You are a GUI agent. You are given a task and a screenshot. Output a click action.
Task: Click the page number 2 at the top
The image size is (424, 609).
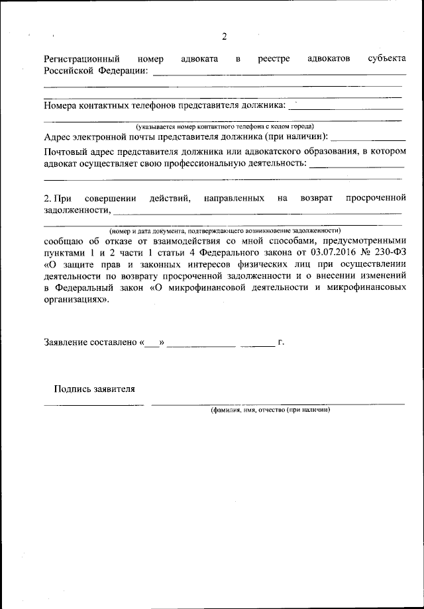(224, 36)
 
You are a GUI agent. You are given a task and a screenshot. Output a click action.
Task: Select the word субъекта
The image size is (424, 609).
(386, 59)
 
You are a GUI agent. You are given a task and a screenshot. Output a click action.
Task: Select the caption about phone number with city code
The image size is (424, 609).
(225, 126)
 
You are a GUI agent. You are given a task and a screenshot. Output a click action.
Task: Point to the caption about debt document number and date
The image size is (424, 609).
(225, 230)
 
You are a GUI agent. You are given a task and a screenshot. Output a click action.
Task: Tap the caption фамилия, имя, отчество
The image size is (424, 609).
(270, 410)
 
